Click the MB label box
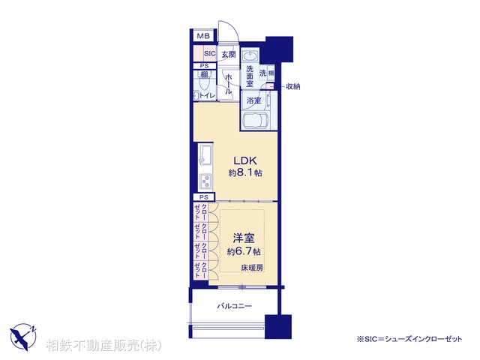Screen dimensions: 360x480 (202, 37)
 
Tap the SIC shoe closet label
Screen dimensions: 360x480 (210, 54)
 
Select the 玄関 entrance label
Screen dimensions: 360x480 (229, 54)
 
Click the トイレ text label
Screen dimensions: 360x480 (207, 96)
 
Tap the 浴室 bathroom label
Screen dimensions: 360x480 (253, 100)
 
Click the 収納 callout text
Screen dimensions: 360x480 (292, 87)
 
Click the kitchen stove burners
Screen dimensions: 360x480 (204, 180)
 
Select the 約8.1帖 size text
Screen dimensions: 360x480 (244, 173)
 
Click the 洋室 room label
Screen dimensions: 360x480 (244, 238)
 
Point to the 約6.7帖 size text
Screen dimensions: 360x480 (244, 251)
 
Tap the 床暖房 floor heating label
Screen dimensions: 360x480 (251, 268)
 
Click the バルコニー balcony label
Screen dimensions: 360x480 (234, 306)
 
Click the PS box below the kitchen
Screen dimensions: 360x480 (202, 196)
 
